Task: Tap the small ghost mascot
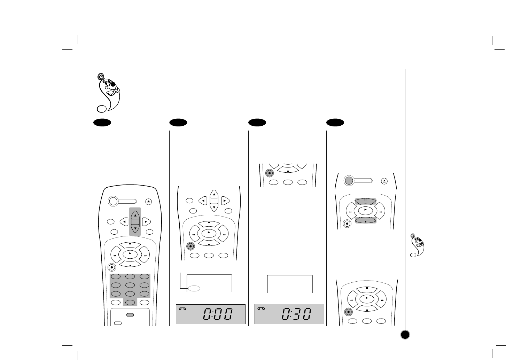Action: pos(418,245)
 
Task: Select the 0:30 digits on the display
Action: pos(296,315)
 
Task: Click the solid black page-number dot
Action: pos(405,335)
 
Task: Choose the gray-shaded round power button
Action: pos(349,180)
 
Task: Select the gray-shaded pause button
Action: pos(366,201)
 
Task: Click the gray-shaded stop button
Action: pos(366,220)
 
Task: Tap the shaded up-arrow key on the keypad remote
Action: pos(135,215)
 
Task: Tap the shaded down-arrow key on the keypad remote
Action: pos(135,228)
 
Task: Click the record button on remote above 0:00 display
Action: pos(190,246)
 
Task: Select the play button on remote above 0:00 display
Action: pos(209,232)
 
